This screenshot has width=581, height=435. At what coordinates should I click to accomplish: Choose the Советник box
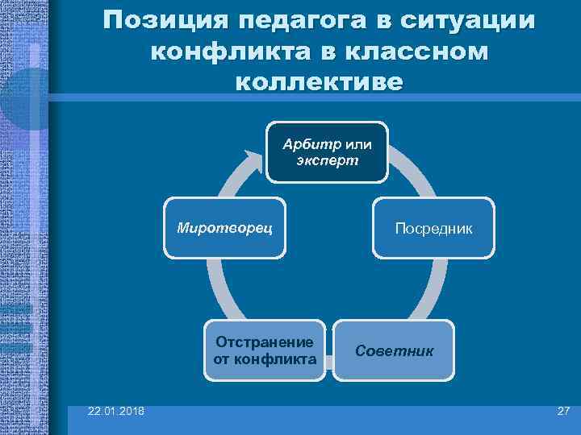394,351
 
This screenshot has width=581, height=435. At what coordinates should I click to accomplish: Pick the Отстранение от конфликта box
265,351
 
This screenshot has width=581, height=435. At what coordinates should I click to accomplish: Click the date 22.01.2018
117,412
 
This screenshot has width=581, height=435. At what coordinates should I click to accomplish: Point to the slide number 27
562,412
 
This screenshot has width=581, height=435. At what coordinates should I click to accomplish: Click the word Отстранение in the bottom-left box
265,343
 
